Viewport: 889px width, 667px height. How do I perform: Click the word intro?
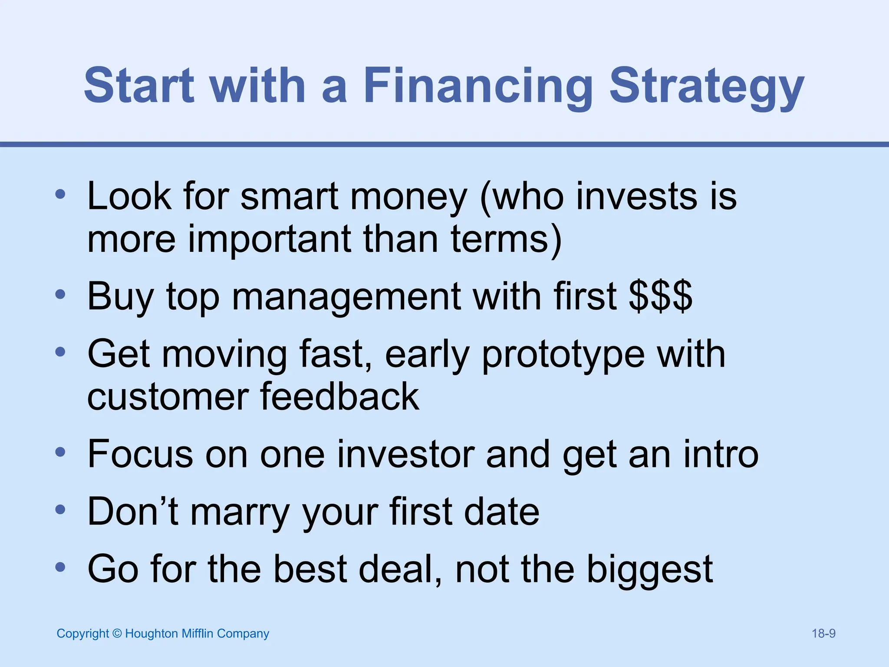pyautogui.click(x=721, y=454)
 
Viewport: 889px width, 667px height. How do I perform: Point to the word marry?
pyautogui.click(x=240, y=512)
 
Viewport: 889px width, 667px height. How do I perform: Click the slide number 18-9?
pyautogui.click(x=823, y=634)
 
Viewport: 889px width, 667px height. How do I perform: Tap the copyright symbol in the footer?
pyautogui.click(x=117, y=634)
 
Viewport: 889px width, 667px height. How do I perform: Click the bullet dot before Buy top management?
pyautogui.click(x=60, y=295)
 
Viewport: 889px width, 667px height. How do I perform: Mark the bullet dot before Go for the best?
pyautogui.click(x=60, y=567)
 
